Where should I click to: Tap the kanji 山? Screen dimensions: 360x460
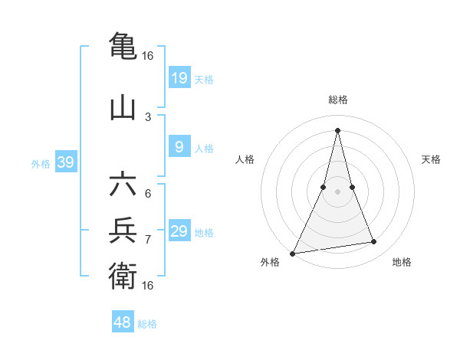(x=123, y=107)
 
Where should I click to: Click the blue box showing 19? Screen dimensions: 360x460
(x=179, y=78)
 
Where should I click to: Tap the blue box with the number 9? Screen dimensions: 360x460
(x=179, y=147)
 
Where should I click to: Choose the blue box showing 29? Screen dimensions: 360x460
(x=179, y=231)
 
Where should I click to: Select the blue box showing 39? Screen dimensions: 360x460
(x=65, y=162)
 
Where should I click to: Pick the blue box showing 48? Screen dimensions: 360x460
(x=123, y=322)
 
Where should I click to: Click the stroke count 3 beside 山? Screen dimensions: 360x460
(x=148, y=116)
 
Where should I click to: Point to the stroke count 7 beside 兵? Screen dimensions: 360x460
(x=148, y=239)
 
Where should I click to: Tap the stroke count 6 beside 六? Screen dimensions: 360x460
(x=148, y=193)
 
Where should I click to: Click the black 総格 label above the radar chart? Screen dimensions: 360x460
(x=337, y=100)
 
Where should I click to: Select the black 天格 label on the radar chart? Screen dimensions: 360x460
(x=431, y=159)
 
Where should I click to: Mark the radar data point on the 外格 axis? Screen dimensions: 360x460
(x=293, y=253)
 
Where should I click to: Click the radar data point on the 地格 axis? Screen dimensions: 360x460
(x=374, y=242)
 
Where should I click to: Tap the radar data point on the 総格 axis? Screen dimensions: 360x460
(x=337, y=129)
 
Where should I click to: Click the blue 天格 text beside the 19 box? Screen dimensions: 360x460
(x=204, y=79)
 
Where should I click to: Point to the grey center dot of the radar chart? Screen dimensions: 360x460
(x=337, y=191)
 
